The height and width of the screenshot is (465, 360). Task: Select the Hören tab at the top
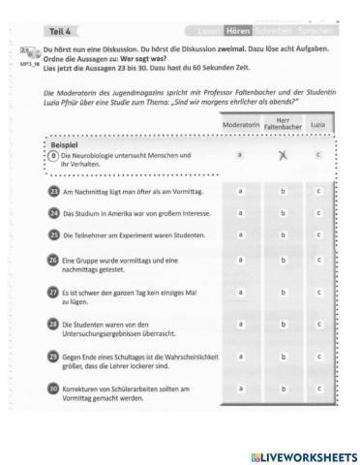point(239,32)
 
